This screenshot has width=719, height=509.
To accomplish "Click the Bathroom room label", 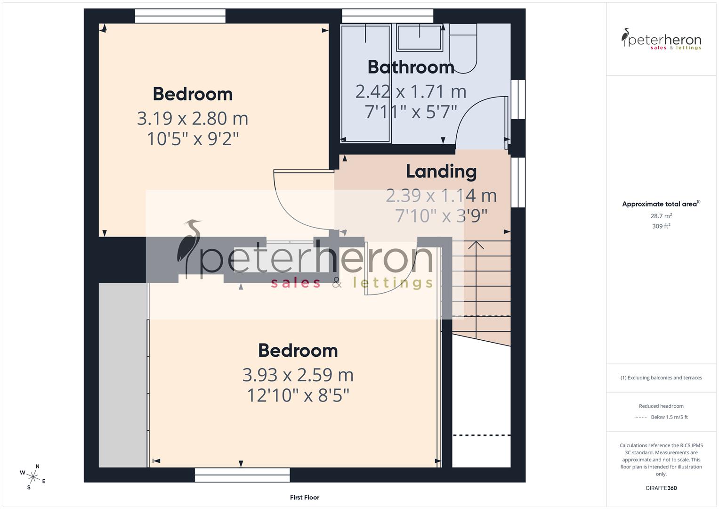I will (411, 67).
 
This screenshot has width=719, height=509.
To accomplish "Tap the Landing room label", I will (441, 172).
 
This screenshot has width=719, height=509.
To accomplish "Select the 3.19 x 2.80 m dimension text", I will (193, 118).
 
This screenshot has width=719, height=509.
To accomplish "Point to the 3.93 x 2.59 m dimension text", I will (298, 375).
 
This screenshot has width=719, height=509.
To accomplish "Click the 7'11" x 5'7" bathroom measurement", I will (411, 112).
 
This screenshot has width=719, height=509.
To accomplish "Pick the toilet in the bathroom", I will (463, 49).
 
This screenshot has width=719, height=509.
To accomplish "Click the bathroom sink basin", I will (420, 38).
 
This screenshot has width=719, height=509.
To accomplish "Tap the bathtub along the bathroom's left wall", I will (365, 83).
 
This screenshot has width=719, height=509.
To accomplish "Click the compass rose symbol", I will (33, 476).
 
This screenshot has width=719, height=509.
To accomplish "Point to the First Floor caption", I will (305, 497).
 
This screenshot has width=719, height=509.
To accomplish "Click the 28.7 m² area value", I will (661, 216).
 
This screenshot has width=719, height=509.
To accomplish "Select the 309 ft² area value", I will (661, 226).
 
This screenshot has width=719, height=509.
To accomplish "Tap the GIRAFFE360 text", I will (661, 488).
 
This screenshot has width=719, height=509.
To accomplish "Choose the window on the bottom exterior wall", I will (242, 475).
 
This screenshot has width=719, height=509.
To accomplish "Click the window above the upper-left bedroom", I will (180, 16).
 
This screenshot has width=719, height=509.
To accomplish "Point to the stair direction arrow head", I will (476, 245).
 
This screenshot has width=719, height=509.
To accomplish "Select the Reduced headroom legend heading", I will (661, 406).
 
